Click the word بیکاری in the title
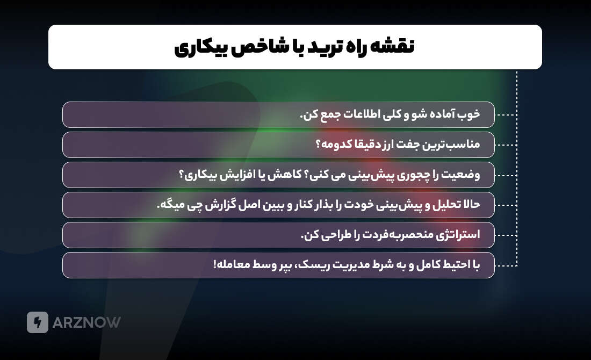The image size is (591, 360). (201, 47)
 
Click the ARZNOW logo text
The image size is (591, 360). (87, 322)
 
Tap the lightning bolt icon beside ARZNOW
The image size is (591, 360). (38, 322)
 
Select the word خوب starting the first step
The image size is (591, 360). (468, 114)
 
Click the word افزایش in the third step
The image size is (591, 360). (242, 175)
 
